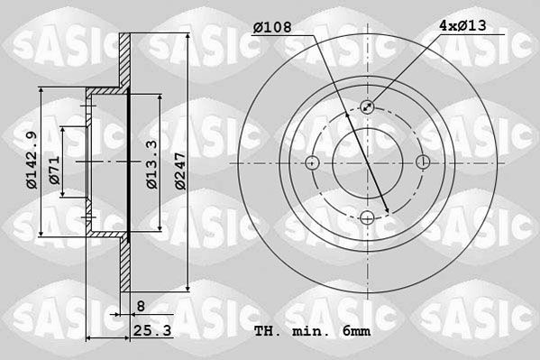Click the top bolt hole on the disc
[368, 107]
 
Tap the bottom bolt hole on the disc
[368, 217]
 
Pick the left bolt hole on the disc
[313, 162]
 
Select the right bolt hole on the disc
[423, 162]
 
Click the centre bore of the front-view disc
[368, 162]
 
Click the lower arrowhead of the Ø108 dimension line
[387, 212]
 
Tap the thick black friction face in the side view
[130, 162]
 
